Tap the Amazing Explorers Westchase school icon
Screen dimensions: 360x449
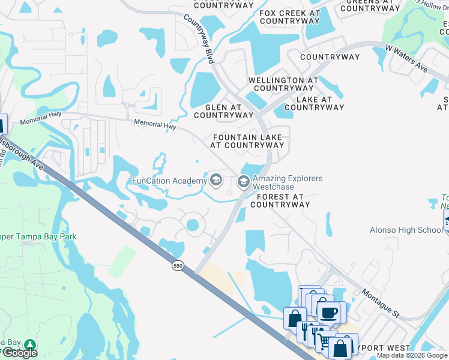tap(244, 181)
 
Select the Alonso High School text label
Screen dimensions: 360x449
tap(406, 230)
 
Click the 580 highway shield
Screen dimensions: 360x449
tap(176, 265)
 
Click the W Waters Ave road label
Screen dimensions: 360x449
tap(406, 58)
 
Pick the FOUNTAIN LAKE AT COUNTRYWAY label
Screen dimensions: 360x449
tap(247, 141)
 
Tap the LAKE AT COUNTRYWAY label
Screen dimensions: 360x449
tap(314, 103)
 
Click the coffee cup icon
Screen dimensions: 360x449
tap(328, 312)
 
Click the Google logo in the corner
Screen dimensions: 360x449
tap(20, 353)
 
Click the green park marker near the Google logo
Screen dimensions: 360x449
tap(29, 345)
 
